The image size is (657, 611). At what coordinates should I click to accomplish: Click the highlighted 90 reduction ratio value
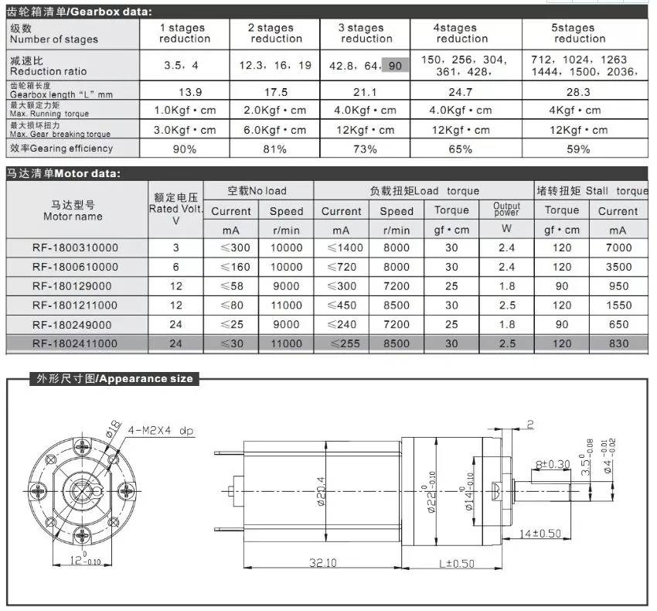[x=395, y=66]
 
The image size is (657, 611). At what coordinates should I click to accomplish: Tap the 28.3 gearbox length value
[x=580, y=92]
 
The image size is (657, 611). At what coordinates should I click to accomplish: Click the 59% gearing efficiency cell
[x=580, y=148]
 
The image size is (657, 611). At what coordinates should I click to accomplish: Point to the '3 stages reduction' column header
[x=366, y=32]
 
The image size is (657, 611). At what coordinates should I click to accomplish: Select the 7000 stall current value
[x=618, y=247]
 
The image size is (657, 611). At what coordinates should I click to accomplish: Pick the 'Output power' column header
[x=507, y=210]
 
